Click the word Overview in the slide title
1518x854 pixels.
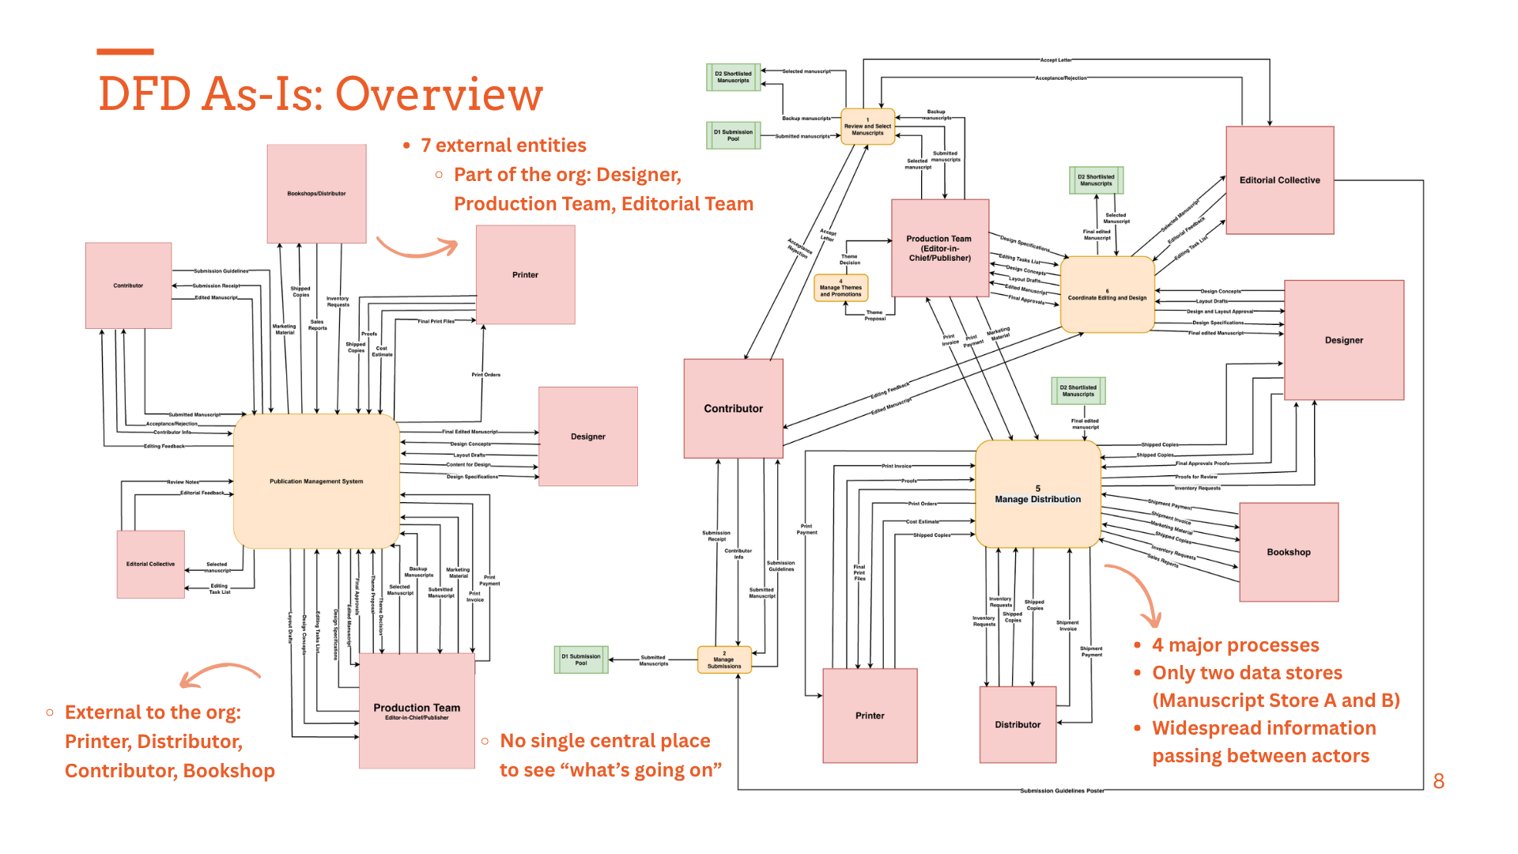[x=440, y=94]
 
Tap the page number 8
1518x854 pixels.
[x=1439, y=781]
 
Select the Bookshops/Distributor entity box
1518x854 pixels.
[x=316, y=194]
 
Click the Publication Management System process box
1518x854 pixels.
[x=316, y=481]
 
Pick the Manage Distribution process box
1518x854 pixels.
[x=1037, y=494]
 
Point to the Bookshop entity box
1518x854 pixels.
[x=1289, y=552]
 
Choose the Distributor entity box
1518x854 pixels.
[x=1018, y=724]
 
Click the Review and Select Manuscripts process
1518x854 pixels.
[x=867, y=127]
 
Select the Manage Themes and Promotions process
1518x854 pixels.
[x=840, y=288]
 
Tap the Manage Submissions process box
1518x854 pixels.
[x=724, y=659]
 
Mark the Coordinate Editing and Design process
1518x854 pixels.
[x=1107, y=295]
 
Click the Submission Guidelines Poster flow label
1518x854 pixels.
[x=1062, y=791]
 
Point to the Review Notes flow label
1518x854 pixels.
[x=183, y=482]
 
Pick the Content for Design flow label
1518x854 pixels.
[x=468, y=465]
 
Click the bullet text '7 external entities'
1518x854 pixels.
[x=503, y=145]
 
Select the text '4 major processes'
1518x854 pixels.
[x=1235, y=645]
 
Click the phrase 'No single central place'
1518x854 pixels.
[x=605, y=741]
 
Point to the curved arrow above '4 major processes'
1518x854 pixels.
[x=1135, y=593]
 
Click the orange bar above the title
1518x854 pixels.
[x=125, y=52]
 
